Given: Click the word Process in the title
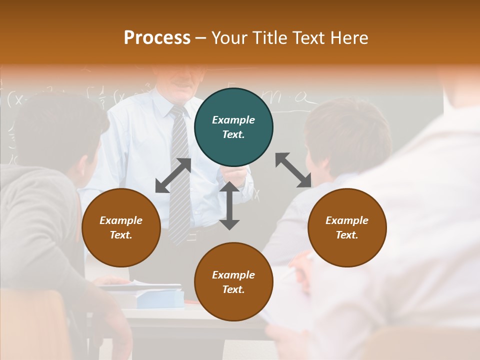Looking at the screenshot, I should pos(157,37).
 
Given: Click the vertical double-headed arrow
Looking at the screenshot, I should pos(229,205).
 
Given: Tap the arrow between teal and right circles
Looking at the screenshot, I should pos(293,170).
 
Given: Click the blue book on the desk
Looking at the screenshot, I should pos(160,298).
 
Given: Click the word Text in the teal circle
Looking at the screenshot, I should pos(233,134).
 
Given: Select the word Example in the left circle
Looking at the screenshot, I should pos(121,220).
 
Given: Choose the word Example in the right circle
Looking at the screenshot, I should pos(347,220).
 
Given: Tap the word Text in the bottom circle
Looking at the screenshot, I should pos(233,289).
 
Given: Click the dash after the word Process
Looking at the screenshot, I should pos(201,38).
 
